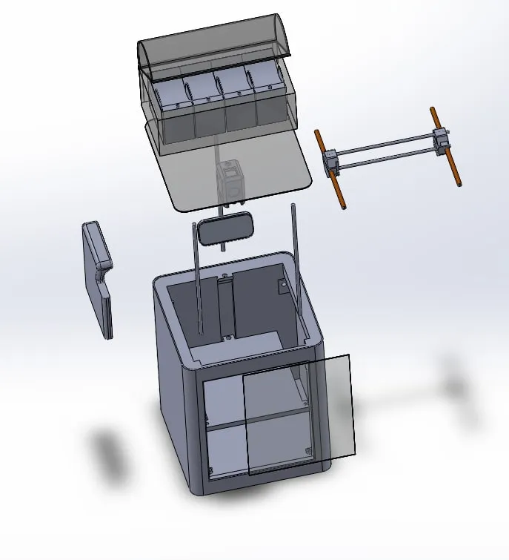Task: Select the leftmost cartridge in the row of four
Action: pos(172,95)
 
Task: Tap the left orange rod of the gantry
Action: pos(330,171)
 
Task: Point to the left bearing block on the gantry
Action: pos(330,160)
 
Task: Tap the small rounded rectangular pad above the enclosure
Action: pos(224,228)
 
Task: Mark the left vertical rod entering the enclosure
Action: pos(199,282)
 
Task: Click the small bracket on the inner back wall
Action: pos(282,286)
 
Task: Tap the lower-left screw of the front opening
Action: pos(211,470)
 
